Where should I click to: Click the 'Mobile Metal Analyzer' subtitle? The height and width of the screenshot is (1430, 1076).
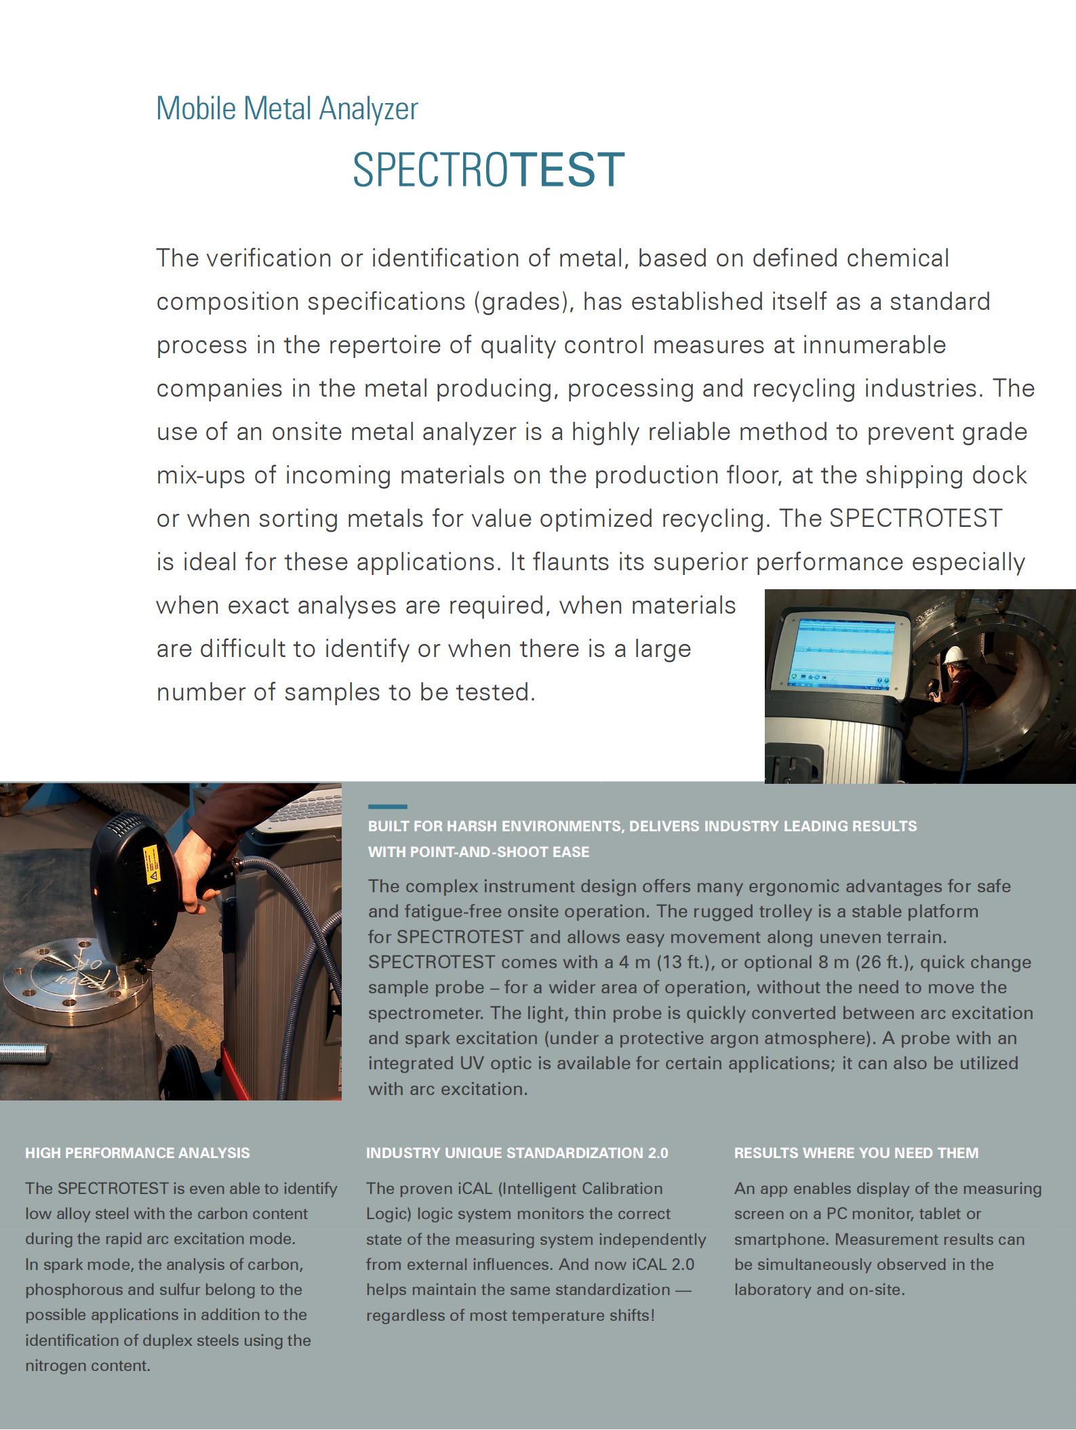(287, 108)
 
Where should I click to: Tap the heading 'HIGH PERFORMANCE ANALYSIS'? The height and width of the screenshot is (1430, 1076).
(137, 1153)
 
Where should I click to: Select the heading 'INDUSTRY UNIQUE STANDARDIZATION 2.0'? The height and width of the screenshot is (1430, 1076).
(517, 1153)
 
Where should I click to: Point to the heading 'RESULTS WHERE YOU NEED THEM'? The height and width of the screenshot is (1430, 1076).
(856, 1153)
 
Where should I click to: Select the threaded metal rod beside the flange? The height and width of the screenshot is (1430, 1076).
(24, 1052)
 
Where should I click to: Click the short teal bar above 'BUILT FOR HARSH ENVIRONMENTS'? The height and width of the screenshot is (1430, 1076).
(387, 807)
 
